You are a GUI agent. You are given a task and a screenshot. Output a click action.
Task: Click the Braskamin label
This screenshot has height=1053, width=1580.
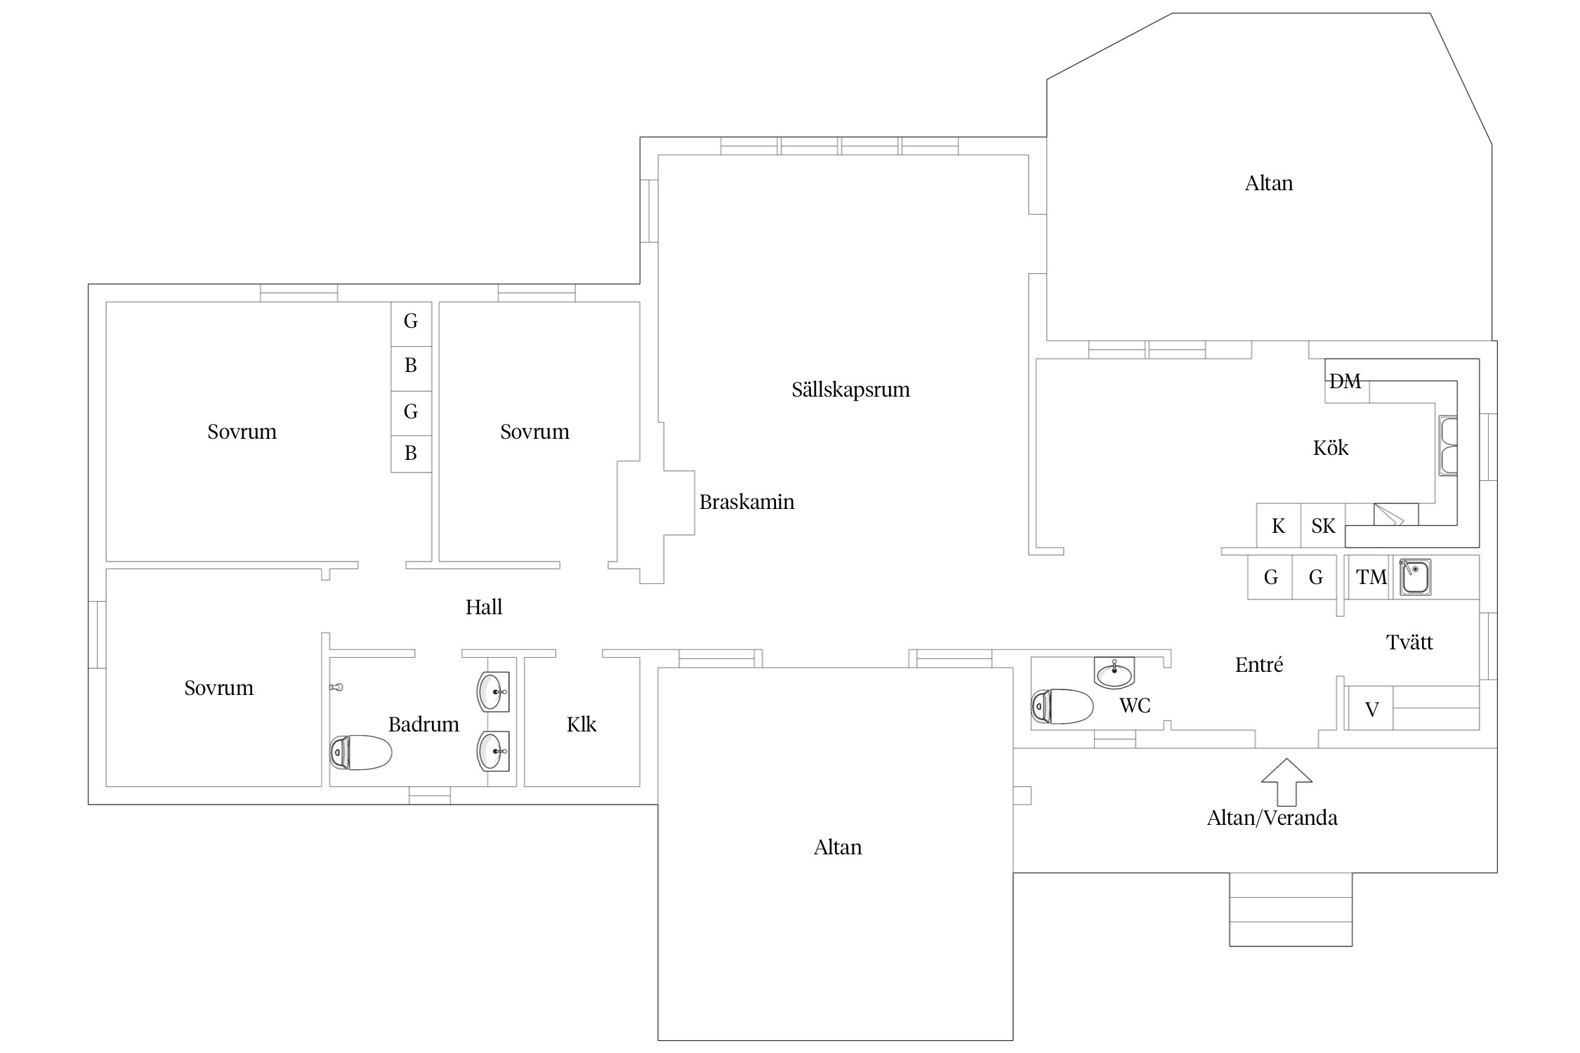click(x=746, y=502)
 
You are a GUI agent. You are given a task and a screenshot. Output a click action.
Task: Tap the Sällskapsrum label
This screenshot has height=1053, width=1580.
click(x=850, y=390)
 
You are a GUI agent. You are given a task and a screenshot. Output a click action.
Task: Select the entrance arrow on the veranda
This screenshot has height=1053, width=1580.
click(x=1286, y=781)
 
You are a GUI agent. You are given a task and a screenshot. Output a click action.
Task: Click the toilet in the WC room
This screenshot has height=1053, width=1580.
click(x=1062, y=706)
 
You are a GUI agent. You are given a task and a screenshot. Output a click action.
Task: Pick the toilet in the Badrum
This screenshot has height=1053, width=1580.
click(x=361, y=753)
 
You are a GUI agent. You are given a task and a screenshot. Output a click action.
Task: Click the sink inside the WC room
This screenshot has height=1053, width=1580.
click(x=1114, y=673)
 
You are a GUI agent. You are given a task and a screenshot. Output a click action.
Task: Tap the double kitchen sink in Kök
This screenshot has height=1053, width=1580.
click(x=1448, y=446)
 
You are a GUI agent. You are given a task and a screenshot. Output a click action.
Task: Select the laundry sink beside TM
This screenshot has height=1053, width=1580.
click(x=1415, y=577)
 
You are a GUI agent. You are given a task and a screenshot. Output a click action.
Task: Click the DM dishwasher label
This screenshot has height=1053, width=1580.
click(x=1345, y=381)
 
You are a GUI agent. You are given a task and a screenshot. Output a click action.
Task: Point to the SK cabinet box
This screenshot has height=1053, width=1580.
click(x=1323, y=525)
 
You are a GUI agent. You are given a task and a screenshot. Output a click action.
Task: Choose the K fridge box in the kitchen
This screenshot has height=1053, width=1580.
click(x=1278, y=525)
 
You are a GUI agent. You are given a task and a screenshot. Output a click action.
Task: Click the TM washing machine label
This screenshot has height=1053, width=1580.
click(x=1371, y=577)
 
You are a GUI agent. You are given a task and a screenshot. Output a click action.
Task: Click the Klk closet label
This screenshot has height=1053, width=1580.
click(x=581, y=724)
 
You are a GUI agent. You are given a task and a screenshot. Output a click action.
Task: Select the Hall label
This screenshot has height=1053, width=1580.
click(x=484, y=607)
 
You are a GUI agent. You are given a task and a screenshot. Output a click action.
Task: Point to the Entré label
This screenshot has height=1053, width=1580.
click(x=1259, y=665)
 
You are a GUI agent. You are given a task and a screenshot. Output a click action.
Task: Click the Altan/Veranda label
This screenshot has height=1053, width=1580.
click(x=1272, y=818)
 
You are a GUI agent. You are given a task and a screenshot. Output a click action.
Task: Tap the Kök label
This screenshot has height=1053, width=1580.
click(x=1331, y=448)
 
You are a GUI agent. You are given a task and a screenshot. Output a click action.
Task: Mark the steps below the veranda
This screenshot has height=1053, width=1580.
click(x=1291, y=910)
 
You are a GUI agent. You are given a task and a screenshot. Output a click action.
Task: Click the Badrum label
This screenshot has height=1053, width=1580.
click(x=423, y=724)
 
